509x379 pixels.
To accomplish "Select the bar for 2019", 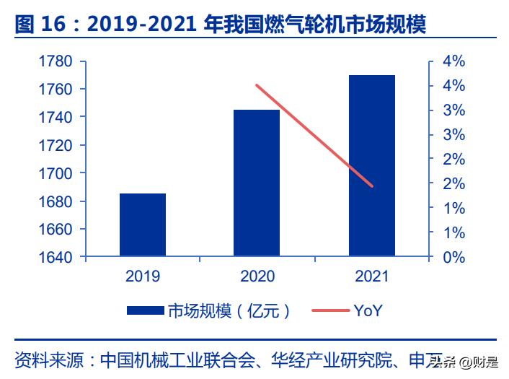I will point(143,225).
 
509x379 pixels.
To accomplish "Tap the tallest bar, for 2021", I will point(372,165).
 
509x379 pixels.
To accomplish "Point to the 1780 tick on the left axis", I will point(56,61).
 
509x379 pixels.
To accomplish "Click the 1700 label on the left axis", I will point(56,173).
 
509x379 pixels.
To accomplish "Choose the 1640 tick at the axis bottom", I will point(56,257).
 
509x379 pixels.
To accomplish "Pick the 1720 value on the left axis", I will point(56,145).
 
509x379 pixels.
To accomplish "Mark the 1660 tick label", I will point(56,229).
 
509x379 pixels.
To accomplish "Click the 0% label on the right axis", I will point(453,257).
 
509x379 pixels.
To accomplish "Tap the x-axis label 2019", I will point(143,276).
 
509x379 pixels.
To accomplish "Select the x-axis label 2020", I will point(257,276).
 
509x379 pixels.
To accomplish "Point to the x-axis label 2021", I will point(372,276).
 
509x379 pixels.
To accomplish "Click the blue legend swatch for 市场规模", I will point(146,311).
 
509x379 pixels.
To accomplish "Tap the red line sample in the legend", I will point(329,311).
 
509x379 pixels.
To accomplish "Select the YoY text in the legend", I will point(368,311).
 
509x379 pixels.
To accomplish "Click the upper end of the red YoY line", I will point(257,85).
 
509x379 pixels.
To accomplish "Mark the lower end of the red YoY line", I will point(372,186).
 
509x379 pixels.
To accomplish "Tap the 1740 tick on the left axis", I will point(56,117).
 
